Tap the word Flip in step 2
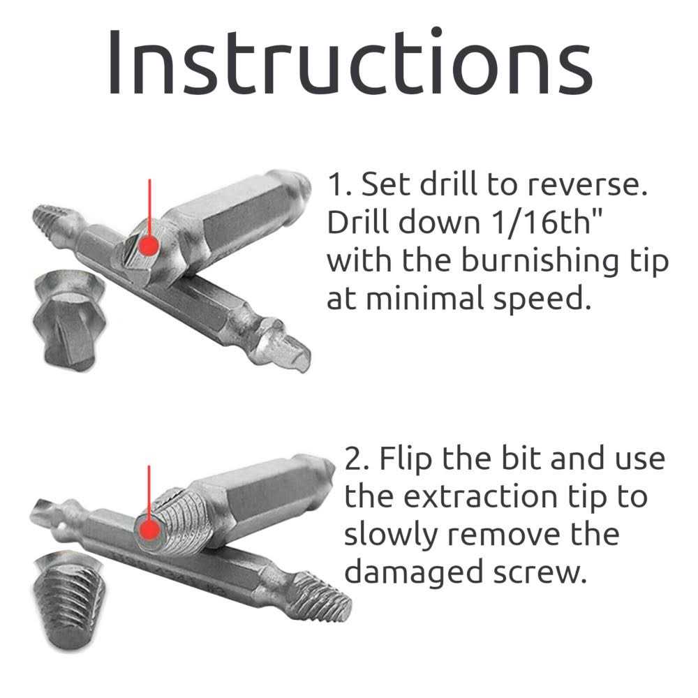406,459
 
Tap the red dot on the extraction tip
148,530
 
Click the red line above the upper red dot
149,206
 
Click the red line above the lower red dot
149,492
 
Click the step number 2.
355,459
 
